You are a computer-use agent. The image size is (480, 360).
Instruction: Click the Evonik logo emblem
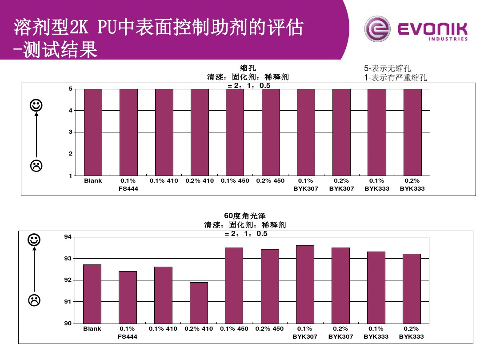coord(377,29)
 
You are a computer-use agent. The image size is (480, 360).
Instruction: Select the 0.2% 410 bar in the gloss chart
coord(199,303)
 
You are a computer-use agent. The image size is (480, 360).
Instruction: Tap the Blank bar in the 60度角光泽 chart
coord(92,294)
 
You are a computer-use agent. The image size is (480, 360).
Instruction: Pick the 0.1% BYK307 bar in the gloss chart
coord(305,284)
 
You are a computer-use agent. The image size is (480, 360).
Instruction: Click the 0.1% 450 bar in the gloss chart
coord(234,285)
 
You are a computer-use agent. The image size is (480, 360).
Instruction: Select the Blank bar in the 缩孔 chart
coord(93,132)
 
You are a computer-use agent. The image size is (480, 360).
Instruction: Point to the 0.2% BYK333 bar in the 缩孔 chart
coord(412,132)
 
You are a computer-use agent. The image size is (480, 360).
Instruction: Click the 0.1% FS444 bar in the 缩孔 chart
coord(128,132)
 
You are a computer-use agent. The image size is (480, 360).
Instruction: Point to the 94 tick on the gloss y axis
coord(68,237)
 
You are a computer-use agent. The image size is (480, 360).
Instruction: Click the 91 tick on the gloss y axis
coord(68,302)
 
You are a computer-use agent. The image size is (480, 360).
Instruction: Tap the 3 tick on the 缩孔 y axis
coord(70,132)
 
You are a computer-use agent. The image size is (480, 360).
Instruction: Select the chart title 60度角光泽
coord(245,216)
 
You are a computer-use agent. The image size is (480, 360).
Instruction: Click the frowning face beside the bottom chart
coord(34,300)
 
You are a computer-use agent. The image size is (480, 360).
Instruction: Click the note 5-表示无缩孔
coord(387,68)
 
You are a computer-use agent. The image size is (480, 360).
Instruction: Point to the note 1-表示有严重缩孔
coord(395,78)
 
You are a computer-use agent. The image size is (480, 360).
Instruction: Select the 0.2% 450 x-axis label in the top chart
coord(270,181)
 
